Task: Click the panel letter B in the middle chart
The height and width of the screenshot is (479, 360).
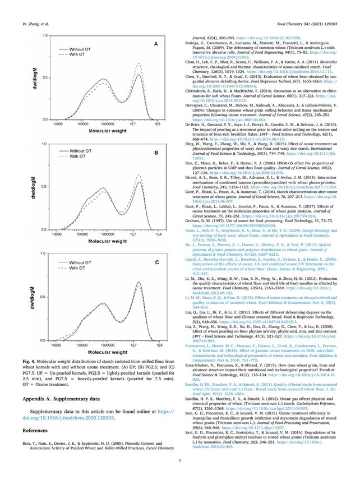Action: click(x=156, y=153)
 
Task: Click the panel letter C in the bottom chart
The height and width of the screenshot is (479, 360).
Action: click(x=156, y=262)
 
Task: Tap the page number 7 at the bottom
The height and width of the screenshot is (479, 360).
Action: click(x=179, y=461)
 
